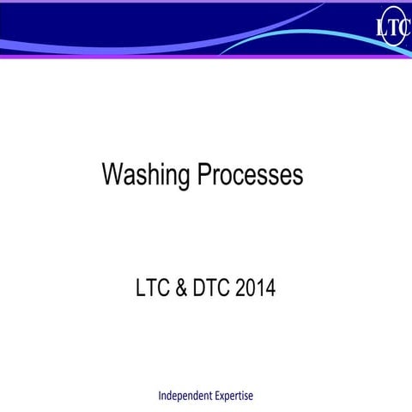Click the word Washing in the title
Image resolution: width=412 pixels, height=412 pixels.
(x=146, y=176)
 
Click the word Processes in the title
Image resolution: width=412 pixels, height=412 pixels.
(x=250, y=175)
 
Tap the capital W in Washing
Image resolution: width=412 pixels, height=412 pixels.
(x=112, y=174)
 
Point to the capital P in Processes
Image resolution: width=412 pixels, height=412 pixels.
(x=205, y=174)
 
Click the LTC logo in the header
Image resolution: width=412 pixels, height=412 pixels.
(x=392, y=27)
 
